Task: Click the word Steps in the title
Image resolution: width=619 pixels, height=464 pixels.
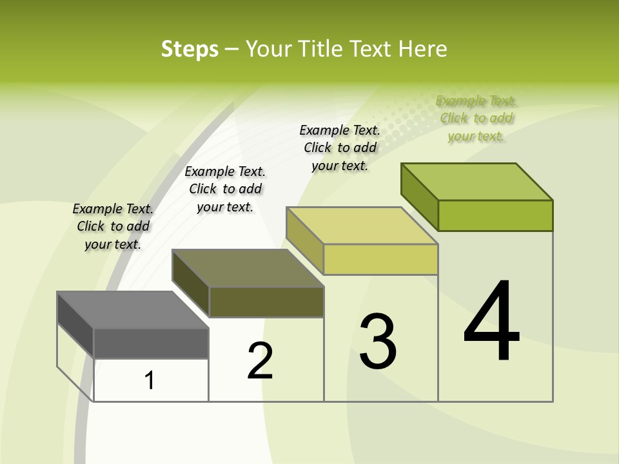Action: click(x=190, y=49)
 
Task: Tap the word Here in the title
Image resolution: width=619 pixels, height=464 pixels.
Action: click(x=422, y=49)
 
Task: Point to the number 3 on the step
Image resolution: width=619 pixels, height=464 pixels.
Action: click(x=378, y=342)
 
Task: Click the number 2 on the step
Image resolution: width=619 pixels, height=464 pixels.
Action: click(x=260, y=361)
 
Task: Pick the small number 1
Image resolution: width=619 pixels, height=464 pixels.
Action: click(x=150, y=381)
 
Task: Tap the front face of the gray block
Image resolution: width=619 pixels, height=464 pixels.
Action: click(x=151, y=343)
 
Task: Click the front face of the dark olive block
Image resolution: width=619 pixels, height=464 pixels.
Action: click(x=266, y=302)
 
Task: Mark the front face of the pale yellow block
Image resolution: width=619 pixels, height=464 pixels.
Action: click(x=380, y=259)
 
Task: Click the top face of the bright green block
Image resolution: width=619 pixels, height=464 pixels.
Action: click(x=477, y=181)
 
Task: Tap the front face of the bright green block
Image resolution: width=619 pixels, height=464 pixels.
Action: click(x=495, y=215)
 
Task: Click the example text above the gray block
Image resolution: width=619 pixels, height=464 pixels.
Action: click(x=113, y=226)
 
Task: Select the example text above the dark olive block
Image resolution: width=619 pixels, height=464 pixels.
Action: click(x=225, y=189)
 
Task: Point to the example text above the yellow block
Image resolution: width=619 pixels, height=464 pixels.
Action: click(x=340, y=148)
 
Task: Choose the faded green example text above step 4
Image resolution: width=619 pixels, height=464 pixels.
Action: click(x=476, y=118)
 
